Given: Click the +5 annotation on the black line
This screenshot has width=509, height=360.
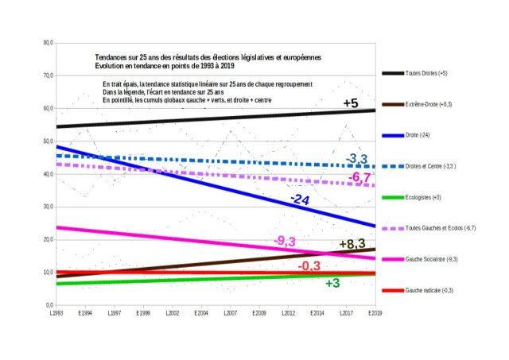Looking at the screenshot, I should tap(351, 103).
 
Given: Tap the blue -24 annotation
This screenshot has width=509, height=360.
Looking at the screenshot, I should tap(299, 199).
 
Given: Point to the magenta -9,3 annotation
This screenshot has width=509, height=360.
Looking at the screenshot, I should tap(285, 241).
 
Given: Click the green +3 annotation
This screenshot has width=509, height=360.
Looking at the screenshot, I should tap(332, 283).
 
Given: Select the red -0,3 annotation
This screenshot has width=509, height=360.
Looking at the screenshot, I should tap(309, 265).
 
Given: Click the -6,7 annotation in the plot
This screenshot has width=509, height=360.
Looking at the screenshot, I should tap(361, 176).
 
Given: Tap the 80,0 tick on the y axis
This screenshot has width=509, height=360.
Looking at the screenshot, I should tap(47, 43).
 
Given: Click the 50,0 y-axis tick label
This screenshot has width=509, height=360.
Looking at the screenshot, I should tap(47, 141).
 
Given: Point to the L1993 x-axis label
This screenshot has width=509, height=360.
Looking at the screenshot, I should tap(57, 314).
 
